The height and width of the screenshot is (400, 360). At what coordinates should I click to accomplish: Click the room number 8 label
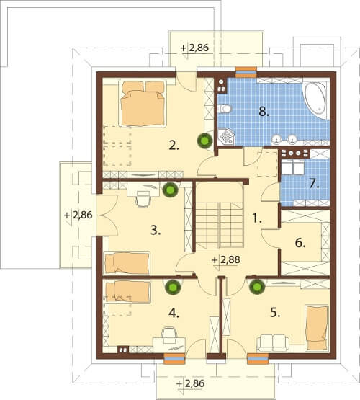(x=264, y=112)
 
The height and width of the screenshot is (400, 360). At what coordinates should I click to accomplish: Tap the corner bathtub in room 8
(x=315, y=99)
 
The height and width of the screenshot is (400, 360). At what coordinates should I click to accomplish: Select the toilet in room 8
(x=225, y=109)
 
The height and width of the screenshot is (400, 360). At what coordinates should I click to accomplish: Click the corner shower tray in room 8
(x=227, y=137)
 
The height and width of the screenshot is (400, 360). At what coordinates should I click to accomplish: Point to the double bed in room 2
(x=143, y=103)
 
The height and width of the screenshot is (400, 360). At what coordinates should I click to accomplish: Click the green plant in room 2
(x=204, y=140)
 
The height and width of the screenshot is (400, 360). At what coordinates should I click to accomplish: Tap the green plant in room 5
(x=257, y=287)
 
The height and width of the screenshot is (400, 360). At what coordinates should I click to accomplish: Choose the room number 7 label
(x=314, y=184)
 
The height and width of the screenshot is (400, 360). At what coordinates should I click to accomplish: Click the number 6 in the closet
(x=300, y=243)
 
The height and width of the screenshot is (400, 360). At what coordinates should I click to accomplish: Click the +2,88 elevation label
(x=226, y=260)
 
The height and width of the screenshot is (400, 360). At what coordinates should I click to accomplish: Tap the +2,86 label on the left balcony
(x=78, y=215)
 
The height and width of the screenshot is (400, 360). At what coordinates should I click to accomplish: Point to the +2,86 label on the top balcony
(x=194, y=48)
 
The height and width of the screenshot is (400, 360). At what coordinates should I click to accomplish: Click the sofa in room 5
(x=273, y=343)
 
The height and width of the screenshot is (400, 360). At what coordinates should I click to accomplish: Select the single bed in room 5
(x=317, y=328)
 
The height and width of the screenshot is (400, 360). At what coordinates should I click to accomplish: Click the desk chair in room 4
(x=169, y=335)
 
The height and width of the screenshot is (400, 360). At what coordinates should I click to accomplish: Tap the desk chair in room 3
(x=143, y=198)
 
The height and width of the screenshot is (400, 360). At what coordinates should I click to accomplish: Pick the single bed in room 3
(x=127, y=263)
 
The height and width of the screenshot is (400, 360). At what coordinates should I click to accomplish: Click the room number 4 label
(x=174, y=313)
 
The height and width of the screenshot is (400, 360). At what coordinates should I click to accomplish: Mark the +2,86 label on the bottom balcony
(x=191, y=383)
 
